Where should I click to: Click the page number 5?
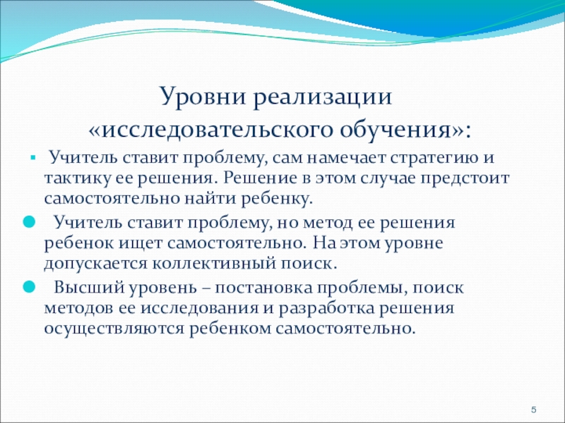point(534,410)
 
